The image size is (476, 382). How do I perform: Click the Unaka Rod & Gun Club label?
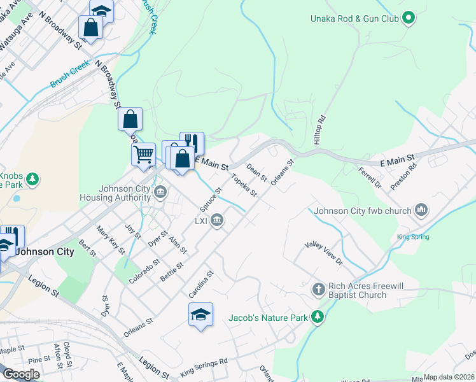(x=354, y=18)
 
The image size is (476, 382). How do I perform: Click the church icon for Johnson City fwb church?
(x=421, y=209)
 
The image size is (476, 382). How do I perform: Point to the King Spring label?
(x=413, y=237)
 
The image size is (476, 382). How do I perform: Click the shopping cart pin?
(x=143, y=153)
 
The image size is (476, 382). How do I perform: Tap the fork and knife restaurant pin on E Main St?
(x=192, y=142)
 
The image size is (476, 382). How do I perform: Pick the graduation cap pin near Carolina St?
(x=200, y=315)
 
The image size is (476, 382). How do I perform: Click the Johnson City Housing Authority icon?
(x=160, y=191)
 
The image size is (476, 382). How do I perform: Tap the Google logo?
(x=21, y=374)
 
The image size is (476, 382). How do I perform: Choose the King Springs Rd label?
(x=204, y=367)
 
